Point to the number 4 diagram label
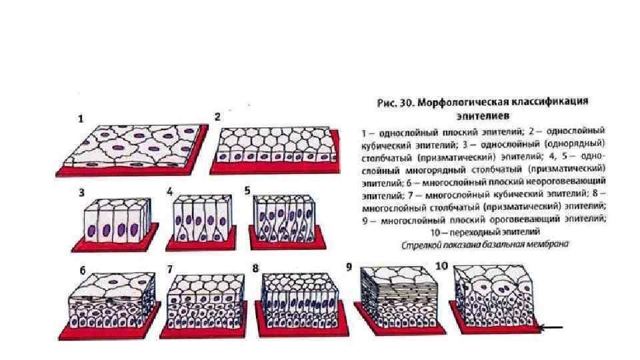pos(170,191)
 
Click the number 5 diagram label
pos(247,190)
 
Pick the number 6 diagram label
pos(82,271)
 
